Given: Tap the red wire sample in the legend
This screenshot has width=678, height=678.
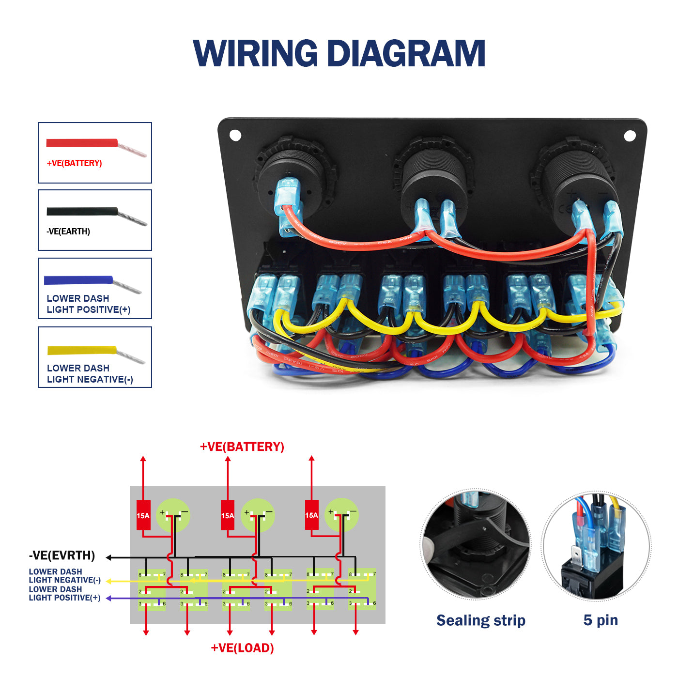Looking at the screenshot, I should [x=82, y=143].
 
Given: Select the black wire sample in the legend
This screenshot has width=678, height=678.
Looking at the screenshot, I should [x=82, y=212].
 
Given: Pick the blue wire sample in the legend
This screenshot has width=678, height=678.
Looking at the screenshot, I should [x=78, y=280].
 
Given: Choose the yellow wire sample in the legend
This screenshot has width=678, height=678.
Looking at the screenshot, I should [x=82, y=350].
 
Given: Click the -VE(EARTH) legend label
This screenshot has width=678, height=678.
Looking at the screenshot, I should [x=68, y=231].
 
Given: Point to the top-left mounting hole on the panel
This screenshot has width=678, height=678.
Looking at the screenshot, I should [x=235, y=135].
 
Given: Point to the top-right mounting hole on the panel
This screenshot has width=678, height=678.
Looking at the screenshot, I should [x=630, y=136].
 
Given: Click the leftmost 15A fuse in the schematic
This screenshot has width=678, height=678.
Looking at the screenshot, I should [x=143, y=515].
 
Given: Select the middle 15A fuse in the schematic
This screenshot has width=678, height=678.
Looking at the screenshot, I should [x=228, y=515].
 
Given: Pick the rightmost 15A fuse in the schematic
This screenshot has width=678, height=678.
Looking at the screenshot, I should [x=311, y=515].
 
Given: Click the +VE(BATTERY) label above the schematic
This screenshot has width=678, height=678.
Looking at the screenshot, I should [x=242, y=447].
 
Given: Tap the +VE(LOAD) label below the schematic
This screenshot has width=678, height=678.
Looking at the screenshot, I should [x=242, y=648].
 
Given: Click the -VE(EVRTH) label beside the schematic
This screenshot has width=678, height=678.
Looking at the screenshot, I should [x=62, y=555].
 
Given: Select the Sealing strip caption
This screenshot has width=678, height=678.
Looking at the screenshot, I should [x=481, y=620].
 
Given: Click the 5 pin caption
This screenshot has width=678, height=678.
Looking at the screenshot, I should [x=601, y=620].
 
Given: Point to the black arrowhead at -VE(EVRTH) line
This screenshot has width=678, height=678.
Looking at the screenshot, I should [x=109, y=557].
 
